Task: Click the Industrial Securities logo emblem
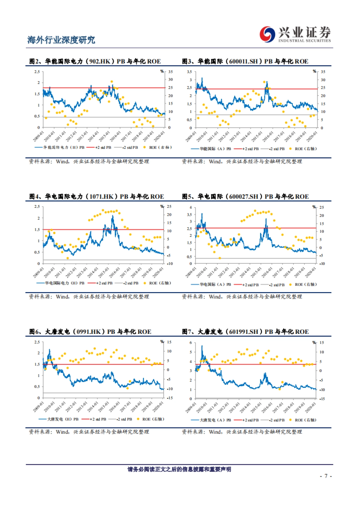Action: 267,34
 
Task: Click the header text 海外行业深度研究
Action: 61,40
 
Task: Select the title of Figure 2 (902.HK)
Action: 95,61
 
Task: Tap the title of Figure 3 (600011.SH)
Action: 245,61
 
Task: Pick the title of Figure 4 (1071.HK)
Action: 97,196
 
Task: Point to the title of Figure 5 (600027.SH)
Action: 245,196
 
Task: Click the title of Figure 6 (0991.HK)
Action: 90,332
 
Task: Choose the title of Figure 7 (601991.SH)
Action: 245,332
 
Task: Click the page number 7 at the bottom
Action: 326,476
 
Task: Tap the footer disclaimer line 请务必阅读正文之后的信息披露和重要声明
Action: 179,469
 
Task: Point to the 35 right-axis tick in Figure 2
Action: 170,72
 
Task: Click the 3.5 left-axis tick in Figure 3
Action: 189,72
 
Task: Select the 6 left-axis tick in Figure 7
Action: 190,343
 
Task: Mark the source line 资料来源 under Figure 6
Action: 89,432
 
